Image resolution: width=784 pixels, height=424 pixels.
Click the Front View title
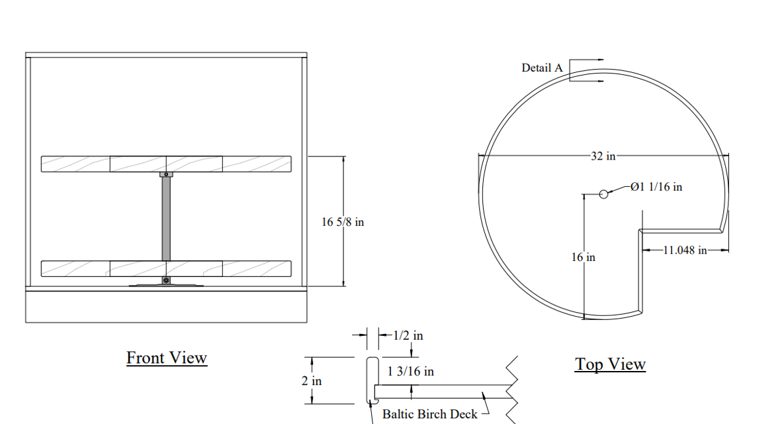pyautogui.click(x=167, y=358)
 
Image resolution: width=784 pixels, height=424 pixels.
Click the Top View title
pyautogui.click(x=610, y=364)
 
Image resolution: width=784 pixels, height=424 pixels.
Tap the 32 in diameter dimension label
pyautogui.click(x=603, y=156)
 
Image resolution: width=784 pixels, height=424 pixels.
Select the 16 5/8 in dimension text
pyautogui.click(x=343, y=222)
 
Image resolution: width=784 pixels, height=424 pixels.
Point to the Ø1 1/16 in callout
pyautogui.click(x=656, y=187)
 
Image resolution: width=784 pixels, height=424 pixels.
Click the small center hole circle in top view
pyautogui.click(x=603, y=194)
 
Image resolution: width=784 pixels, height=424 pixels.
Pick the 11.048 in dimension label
pyautogui.click(x=685, y=250)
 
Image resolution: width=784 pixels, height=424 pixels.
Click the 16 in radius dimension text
pyautogui.click(x=584, y=257)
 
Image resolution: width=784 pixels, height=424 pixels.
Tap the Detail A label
pyautogui.click(x=542, y=68)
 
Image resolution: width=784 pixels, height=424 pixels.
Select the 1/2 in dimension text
pyautogui.click(x=408, y=335)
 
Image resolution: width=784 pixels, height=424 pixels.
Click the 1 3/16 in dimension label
pyautogui.click(x=410, y=372)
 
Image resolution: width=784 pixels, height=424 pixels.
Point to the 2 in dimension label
pyautogui.click(x=312, y=381)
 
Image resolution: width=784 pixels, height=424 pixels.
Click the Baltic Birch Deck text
pyautogui.click(x=430, y=414)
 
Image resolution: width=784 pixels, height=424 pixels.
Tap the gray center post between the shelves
pyautogui.click(x=166, y=219)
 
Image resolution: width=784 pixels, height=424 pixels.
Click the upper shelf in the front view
pyautogui.click(x=166, y=164)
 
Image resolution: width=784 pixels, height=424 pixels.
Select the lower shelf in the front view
pyautogui.click(x=166, y=268)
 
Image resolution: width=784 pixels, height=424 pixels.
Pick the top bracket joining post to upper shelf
pyautogui.click(x=166, y=174)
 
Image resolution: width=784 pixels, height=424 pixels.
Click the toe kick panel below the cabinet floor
pyautogui.click(x=166, y=306)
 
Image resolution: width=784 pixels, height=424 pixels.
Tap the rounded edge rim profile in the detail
pyautogui.click(x=372, y=380)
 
